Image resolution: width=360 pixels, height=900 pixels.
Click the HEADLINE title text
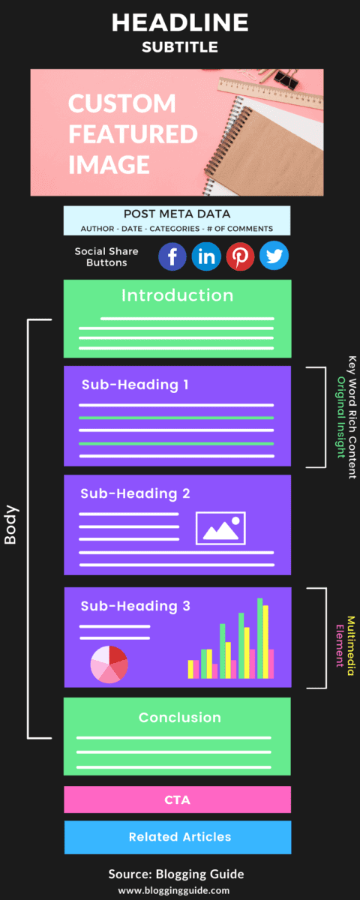180,22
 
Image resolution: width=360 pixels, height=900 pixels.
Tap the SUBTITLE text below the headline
180,47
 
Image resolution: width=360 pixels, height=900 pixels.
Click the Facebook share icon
172,256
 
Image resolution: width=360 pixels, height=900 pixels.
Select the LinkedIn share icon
206,256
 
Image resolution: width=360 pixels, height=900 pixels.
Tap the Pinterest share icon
240,256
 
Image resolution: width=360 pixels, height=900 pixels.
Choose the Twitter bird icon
274,256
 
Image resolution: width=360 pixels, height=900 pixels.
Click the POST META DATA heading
177,214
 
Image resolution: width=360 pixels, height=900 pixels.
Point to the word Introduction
177,295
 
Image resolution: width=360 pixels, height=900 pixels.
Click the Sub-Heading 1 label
135,385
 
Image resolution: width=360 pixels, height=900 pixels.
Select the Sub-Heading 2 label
135,493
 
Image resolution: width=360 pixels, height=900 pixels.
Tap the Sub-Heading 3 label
136,606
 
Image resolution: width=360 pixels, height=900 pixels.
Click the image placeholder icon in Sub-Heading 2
220,528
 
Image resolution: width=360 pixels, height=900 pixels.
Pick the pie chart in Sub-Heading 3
109,664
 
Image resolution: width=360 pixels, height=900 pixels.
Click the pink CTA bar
177,799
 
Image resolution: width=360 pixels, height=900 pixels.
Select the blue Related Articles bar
178,837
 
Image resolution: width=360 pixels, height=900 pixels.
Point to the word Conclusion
179,718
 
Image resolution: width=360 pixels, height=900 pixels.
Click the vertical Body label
10,525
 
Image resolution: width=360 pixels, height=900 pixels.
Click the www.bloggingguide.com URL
174,890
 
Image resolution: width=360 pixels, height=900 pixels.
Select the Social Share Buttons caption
106,256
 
